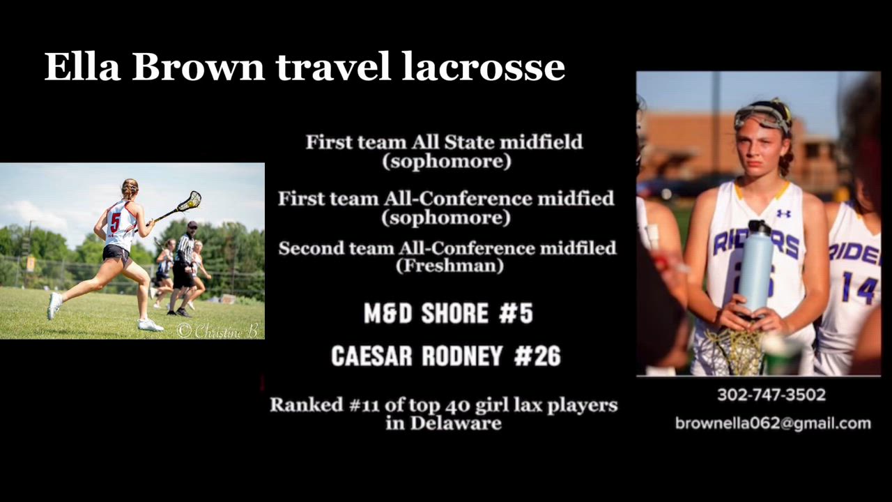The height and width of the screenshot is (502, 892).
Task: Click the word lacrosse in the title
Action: coord(483,66)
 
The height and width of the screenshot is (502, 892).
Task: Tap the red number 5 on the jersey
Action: coord(115,222)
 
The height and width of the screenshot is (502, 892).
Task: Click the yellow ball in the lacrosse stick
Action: coord(192,204)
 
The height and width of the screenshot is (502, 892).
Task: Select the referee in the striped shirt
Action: coord(184,268)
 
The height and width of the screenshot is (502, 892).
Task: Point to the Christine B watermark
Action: coord(218,330)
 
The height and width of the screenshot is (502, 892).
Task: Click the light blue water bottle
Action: coord(755,267)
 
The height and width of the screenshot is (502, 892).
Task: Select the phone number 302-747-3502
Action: coord(771,395)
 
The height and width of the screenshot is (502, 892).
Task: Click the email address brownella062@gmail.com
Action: coord(773,423)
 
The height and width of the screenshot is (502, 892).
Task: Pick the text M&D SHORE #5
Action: coord(448,313)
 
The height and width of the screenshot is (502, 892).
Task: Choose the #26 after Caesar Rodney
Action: coord(537,356)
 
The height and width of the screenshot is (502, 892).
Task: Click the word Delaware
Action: coord(456,423)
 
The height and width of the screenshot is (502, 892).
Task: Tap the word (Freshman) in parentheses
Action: coord(449,266)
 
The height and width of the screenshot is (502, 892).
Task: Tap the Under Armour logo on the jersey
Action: coord(783,213)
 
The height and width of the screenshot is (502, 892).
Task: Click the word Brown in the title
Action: coord(198,66)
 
